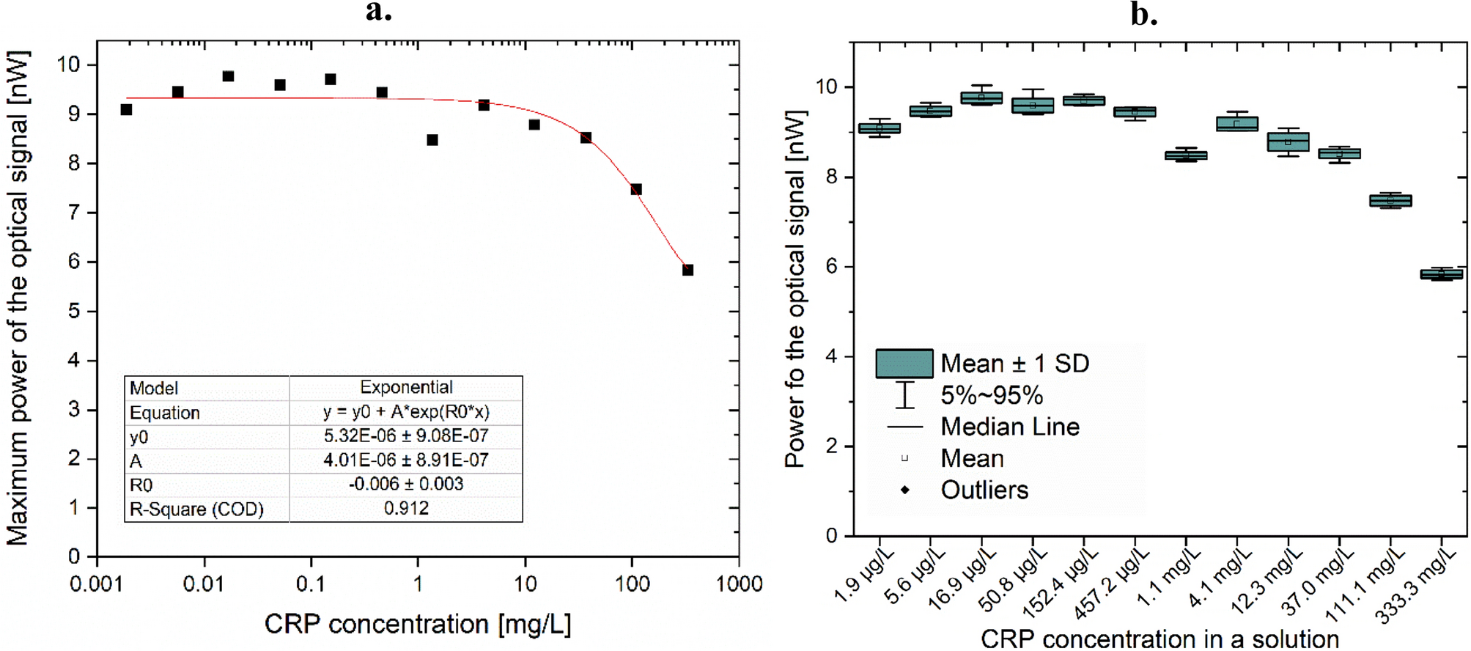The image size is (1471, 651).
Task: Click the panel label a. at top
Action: (379, 11)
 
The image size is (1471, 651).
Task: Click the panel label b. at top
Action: (1143, 14)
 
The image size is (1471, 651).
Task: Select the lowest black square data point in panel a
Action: (687, 270)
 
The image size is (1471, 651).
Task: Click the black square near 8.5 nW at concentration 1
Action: (432, 140)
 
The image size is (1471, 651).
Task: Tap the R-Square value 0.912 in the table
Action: (406, 509)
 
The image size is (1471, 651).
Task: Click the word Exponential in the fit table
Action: (406, 387)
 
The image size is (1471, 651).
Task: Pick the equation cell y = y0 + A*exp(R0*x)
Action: (406, 412)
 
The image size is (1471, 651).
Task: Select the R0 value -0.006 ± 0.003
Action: (406, 485)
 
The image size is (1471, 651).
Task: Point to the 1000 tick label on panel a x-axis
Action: (739, 584)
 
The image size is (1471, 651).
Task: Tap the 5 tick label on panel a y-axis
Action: (74, 311)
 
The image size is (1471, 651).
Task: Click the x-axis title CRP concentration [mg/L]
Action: (418, 625)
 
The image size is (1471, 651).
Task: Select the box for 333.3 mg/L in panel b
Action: (1441, 274)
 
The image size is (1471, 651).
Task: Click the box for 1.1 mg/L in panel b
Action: (1186, 155)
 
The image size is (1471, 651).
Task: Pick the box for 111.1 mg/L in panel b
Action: (1390, 201)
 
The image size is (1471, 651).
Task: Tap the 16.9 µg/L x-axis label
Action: (962, 580)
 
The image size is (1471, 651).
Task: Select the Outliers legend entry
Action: (984, 490)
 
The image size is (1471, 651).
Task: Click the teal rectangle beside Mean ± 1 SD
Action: (904, 364)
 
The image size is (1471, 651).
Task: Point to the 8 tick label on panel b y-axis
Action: (830, 177)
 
